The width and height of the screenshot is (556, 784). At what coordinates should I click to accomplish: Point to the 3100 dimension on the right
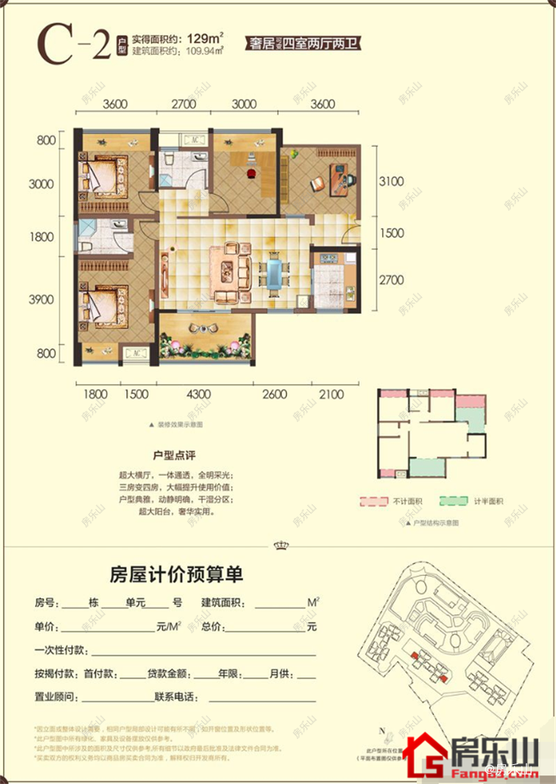[x=392, y=181]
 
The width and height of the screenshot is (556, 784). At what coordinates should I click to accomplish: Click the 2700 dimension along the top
[x=184, y=104]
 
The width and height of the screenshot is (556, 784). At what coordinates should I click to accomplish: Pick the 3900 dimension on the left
[x=41, y=299]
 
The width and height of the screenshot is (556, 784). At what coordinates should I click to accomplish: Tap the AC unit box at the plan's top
[x=193, y=140]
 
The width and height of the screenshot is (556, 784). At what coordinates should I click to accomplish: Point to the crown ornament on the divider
[x=279, y=545]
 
